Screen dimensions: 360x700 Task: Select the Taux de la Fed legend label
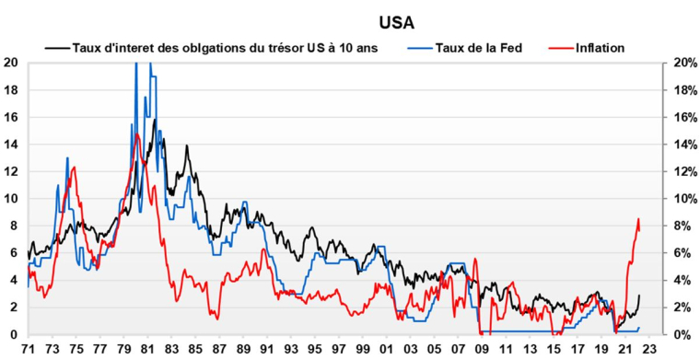pyautogui.click(x=478, y=47)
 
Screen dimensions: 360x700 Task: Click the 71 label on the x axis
pyautogui.click(x=29, y=350)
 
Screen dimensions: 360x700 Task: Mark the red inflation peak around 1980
pyautogui.click(x=137, y=134)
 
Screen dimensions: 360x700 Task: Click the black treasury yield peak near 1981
pyautogui.click(x=155, y=119)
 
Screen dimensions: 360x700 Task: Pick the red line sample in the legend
pyautogui.click(x=558, y=47)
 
